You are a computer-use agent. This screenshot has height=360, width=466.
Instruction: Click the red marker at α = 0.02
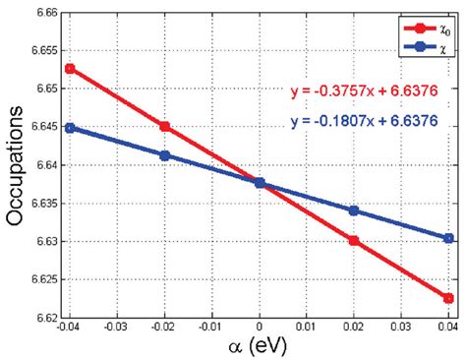(x=354, y=240)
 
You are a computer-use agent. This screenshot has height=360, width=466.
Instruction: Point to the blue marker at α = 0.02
(x=354, y=210)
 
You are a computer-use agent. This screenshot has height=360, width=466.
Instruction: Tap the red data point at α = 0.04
(x=448, y=298)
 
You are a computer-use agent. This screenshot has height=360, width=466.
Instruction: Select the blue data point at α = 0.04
(x=448, y=238)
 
